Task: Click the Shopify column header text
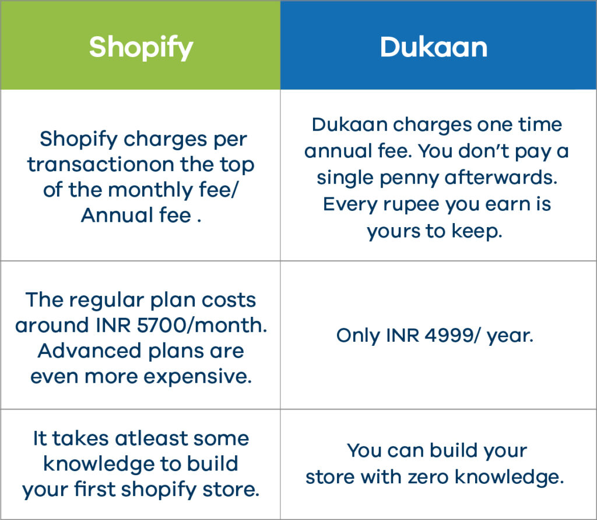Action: (141, 48)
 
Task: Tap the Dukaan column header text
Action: (434, 48)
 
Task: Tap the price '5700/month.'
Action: (202, 326)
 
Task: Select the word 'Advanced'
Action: (89, 351)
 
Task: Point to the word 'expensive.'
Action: (198, 377)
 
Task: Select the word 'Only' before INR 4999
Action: (359, 336)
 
